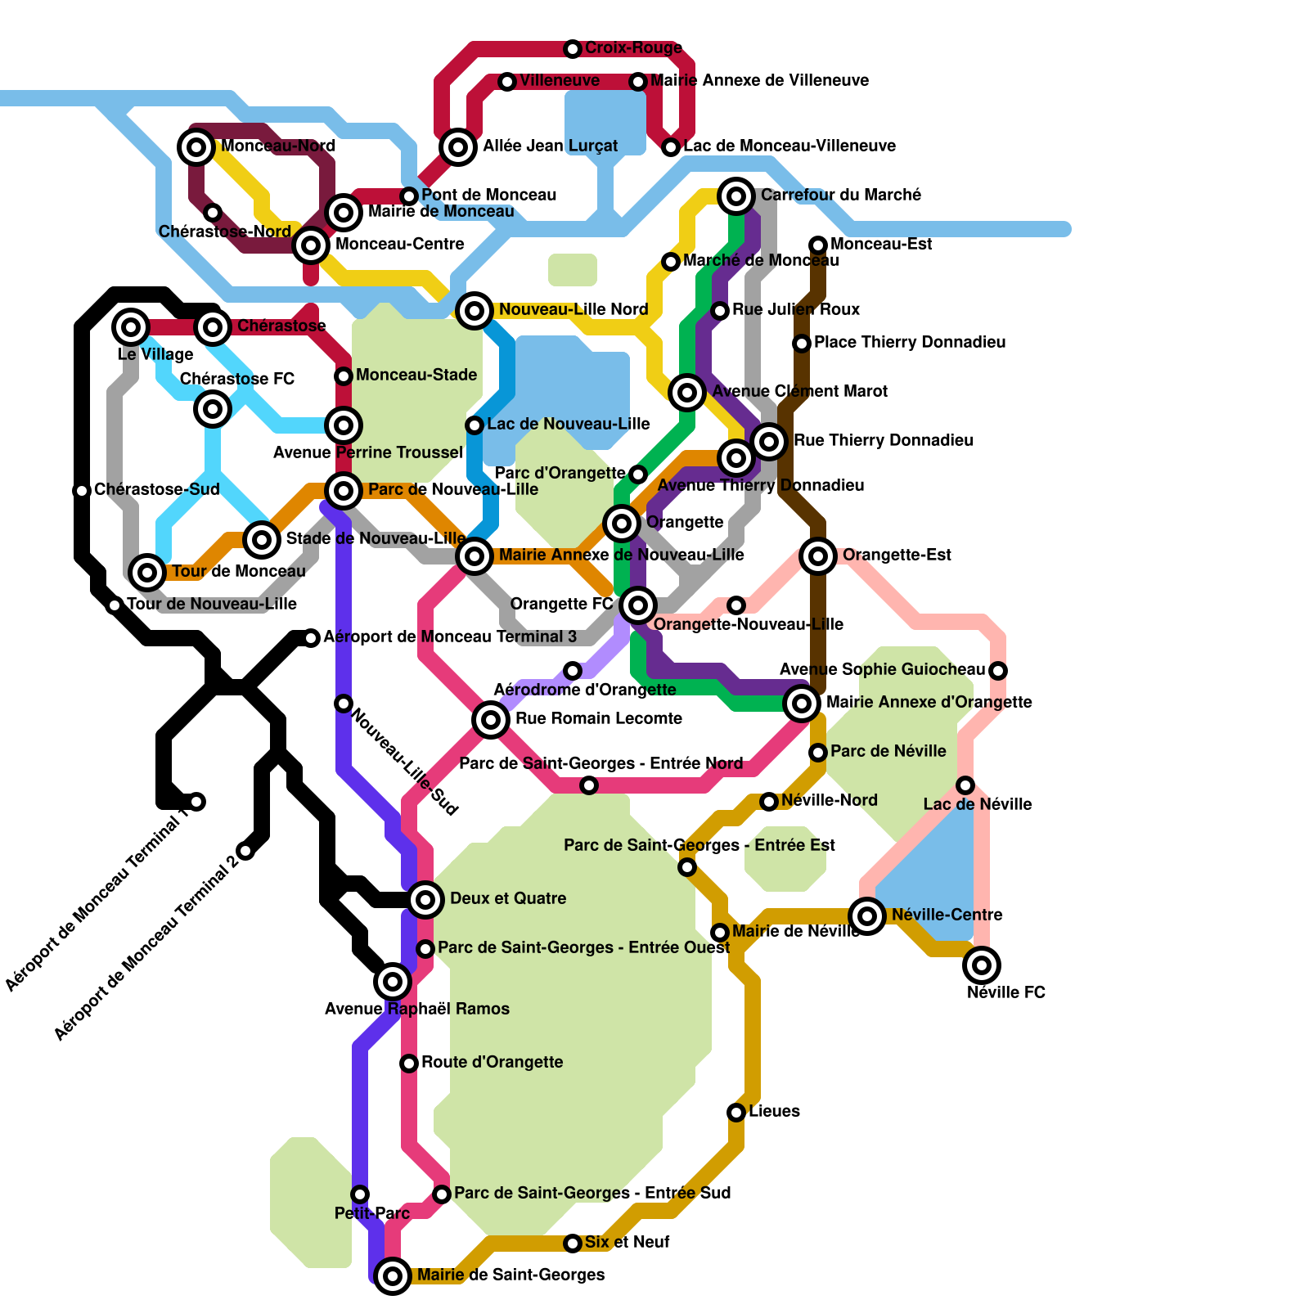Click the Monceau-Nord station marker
click(196, 147)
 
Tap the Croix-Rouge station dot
click(573, 49)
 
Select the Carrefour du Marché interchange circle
click(736, 196)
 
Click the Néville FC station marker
click(982, 965)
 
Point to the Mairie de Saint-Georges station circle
click(393, 1275)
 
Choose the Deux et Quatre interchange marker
click(425, 900)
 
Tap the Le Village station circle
click(131, 327)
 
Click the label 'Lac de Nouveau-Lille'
click(568, 424)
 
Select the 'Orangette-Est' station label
click(897, 555)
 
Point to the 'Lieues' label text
click(774, 1111)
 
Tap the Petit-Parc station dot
click(360, 1194)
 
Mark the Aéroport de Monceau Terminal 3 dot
click(311, 638)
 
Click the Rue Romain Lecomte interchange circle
click(491, 720)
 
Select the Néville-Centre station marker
click(867, 915)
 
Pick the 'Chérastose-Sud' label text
click(156, 489)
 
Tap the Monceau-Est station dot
click(818, 245)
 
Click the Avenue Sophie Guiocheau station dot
click(998, 671)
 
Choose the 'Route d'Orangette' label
click(492, 1062)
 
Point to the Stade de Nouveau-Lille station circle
click(262, 539)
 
